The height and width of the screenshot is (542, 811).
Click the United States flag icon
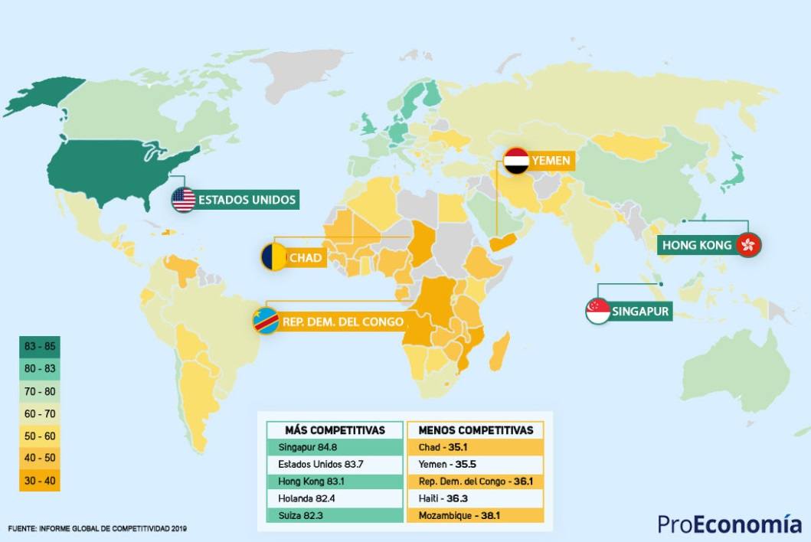tap(184, 200)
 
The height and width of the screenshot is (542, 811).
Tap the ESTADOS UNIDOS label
tap(247, 200)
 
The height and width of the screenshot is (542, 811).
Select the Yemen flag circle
tap(517, 161)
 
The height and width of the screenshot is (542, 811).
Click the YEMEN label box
tap(551, 162)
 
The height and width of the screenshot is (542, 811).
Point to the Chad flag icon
tap(273, 257)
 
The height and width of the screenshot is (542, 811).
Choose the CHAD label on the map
tap(306, 258)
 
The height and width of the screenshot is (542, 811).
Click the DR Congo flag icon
tap(266, 321)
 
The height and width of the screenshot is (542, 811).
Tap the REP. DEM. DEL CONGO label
tap(342, 322)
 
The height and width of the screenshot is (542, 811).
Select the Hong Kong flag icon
tap(747, 245)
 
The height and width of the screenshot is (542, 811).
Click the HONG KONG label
tap(697, 245)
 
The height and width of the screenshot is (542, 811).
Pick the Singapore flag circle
tap(598, 311)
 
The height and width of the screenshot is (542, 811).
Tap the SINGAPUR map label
tap(641, 312)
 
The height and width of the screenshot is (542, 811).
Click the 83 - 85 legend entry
tap(40, 346)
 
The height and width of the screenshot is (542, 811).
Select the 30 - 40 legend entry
tap(40, 481)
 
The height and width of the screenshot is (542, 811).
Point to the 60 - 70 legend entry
tap(40, 413)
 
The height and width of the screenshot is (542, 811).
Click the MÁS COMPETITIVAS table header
tap(335, 430)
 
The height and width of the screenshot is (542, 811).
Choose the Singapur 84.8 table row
tap(335, 447)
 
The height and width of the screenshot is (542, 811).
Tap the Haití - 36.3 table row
tap(476, 498)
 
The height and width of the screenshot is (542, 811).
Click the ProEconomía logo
tap(729, 524)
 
